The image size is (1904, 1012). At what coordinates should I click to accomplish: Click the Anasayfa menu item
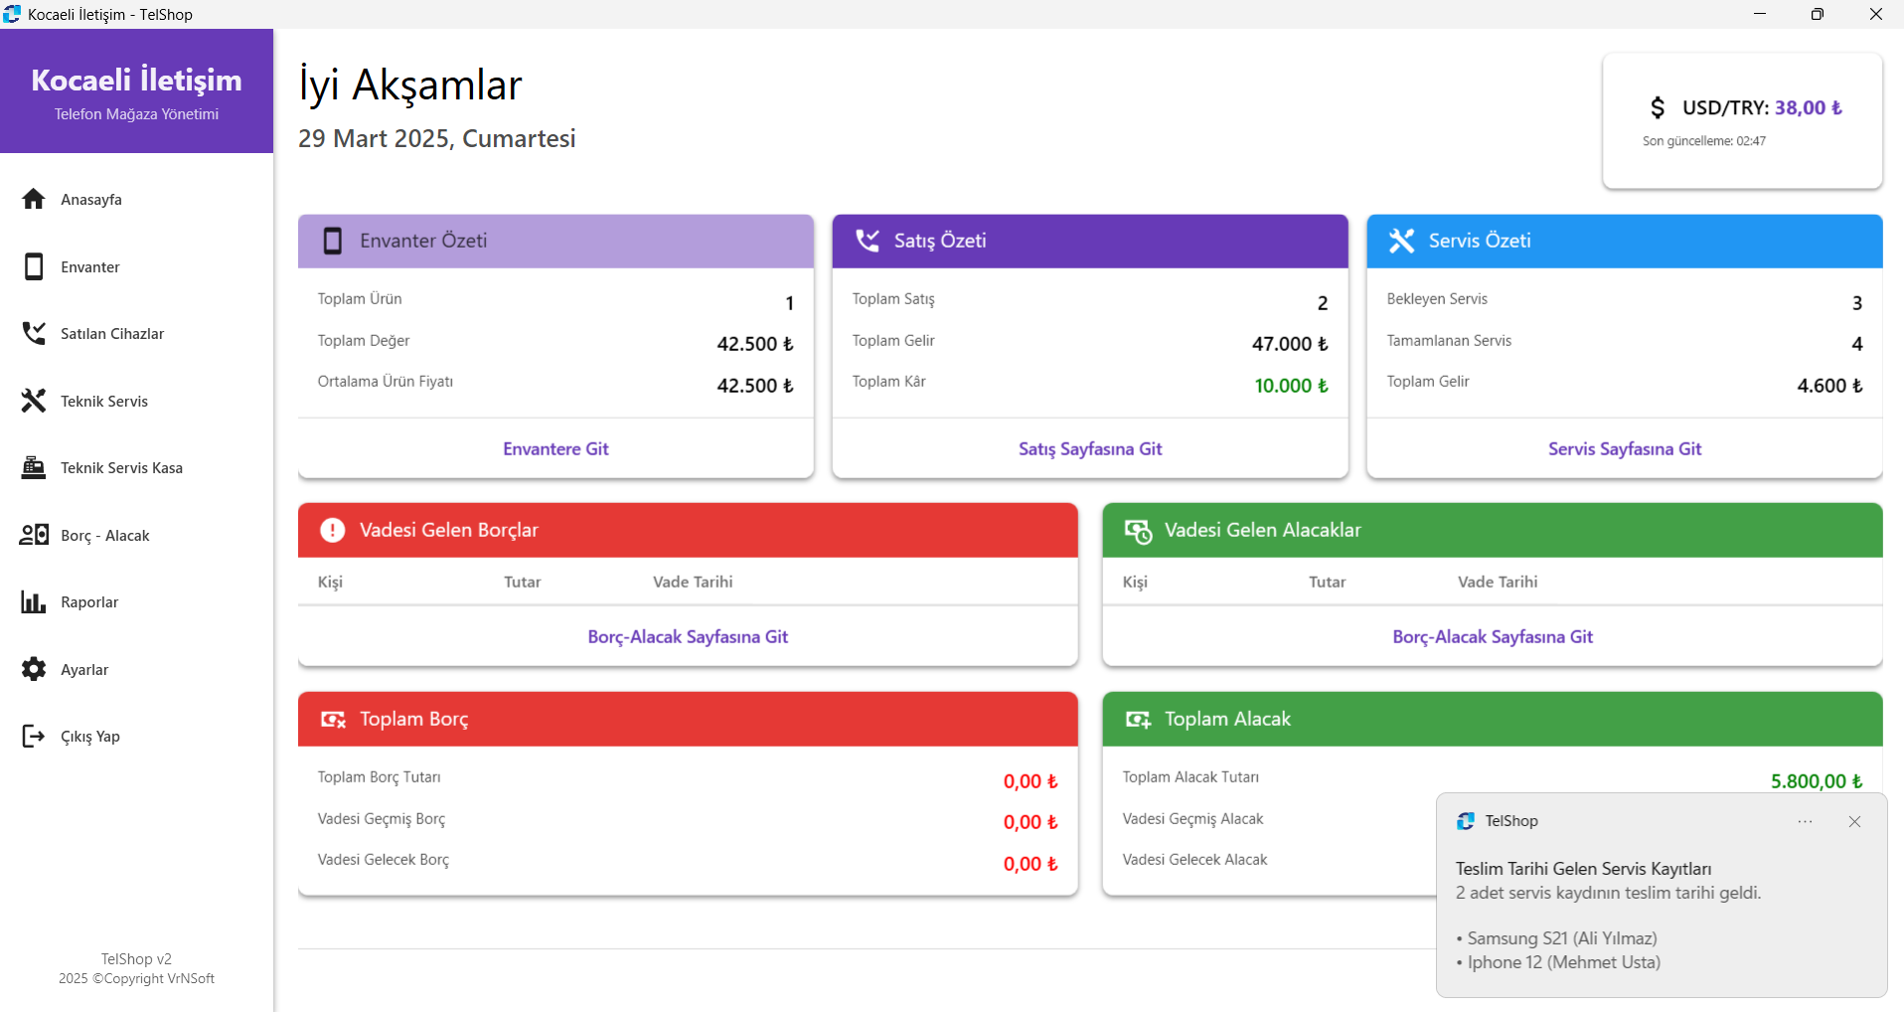90,200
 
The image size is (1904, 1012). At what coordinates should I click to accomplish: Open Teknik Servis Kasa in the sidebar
120,468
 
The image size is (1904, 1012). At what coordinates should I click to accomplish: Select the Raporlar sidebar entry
88,602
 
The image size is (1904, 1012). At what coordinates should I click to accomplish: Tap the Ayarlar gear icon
34,669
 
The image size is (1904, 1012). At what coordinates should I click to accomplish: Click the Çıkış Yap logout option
89,737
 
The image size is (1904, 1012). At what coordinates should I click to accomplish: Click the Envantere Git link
555,449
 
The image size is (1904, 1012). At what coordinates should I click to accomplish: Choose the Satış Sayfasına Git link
1090,449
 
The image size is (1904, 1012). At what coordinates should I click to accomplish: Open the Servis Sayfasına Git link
1624,449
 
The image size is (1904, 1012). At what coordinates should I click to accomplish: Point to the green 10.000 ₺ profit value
1290,386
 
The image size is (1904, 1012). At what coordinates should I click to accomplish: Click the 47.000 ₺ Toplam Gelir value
1289,344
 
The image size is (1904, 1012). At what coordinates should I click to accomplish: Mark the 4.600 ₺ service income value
1828,386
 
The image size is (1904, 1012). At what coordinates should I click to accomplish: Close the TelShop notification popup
1854,822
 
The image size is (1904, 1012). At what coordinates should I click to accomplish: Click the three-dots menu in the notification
1805,822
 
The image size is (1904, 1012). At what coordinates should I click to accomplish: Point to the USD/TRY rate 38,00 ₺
1808,108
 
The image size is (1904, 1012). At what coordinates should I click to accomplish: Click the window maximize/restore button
1817,14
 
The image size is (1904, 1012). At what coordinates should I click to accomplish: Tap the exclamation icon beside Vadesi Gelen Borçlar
333,530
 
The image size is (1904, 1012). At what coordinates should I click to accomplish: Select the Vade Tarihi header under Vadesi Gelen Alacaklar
1497,583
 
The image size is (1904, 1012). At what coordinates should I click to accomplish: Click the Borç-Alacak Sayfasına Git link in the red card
688,637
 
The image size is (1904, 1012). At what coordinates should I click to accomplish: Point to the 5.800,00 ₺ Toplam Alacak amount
1816,781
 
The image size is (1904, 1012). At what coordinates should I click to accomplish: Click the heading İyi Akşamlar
410,85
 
